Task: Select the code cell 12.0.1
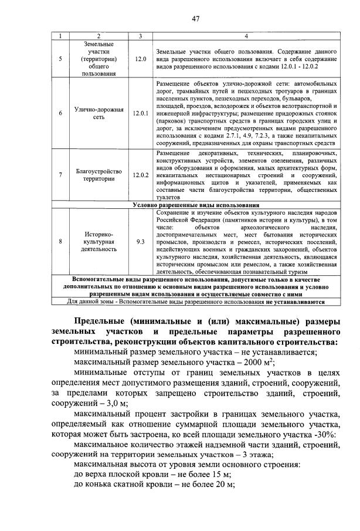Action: click(x=140, y=113)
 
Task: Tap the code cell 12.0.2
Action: click(x=140, y=175)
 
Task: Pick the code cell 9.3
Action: click(x=140, y=241)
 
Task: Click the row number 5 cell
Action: click(x=60, y=59)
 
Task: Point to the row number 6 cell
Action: click(x=60, y=113)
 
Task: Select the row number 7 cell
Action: click(x=60, y=175)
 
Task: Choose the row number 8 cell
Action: click(x=60, y=241)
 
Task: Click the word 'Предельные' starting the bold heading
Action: click(x=102, y=321)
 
